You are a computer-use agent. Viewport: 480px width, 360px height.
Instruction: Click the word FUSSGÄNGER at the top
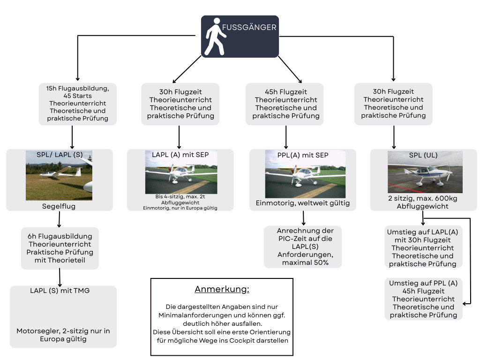pyautogui.click(x=249, y=28)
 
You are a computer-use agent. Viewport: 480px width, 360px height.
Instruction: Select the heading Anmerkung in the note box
pyautogui.click(x=222, y=289)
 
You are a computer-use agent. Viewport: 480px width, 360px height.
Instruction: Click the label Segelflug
pyautogui.click(x=59, y=206)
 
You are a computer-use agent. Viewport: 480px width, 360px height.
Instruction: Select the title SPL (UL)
pyautogui.click(x=424, y=155)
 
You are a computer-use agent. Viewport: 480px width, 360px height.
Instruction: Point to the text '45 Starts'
pyautogui.click(x=77, y=96)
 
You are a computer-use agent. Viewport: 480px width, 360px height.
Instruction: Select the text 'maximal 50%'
pyautogui.click(x=305, y=262)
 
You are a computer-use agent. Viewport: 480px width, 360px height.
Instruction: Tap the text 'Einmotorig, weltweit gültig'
pyautogui.click(x=303, y=203)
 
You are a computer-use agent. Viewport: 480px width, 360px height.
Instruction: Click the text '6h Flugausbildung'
pyautogui.click(x=60, y=236)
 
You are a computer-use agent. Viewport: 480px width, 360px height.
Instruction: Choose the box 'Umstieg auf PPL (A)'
pyautogui.click(x=423, y=299)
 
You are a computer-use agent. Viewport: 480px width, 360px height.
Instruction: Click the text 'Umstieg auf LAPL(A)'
pyautogui.click(x=423, y=232)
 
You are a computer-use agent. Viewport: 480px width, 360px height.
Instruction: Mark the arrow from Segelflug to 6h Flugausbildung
pyautogui.click(x=60, y=219)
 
